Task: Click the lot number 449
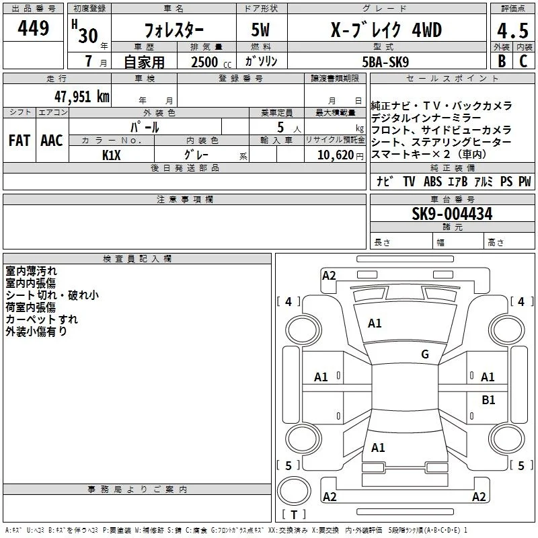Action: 33,28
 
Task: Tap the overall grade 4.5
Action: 512,31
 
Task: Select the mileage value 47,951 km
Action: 82,97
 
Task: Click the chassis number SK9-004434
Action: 452,214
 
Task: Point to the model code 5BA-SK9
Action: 385,62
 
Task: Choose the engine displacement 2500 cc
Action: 211,62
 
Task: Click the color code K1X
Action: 112,155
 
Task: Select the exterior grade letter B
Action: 502,61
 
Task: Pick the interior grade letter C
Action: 523,61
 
